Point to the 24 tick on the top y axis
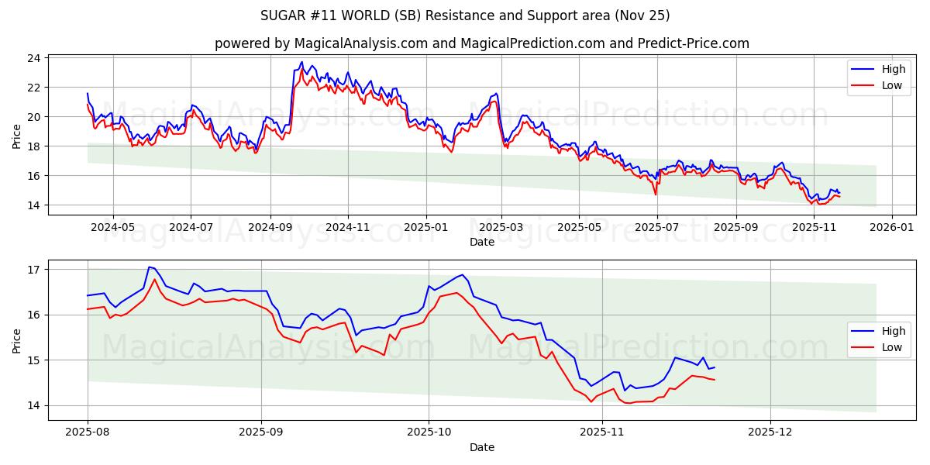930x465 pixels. (x=34, y=58)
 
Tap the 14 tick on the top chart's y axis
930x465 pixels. (x=34, y=205)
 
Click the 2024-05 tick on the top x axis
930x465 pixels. (x=113, y=227)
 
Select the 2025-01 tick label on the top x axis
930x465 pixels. (x=425, y=227)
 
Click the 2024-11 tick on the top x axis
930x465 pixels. (x=348, y=227)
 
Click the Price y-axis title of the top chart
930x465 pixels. (x=17, y=136)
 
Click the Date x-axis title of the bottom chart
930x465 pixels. (x=481, y=447)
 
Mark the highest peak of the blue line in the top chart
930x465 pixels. (x=302, y=62)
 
